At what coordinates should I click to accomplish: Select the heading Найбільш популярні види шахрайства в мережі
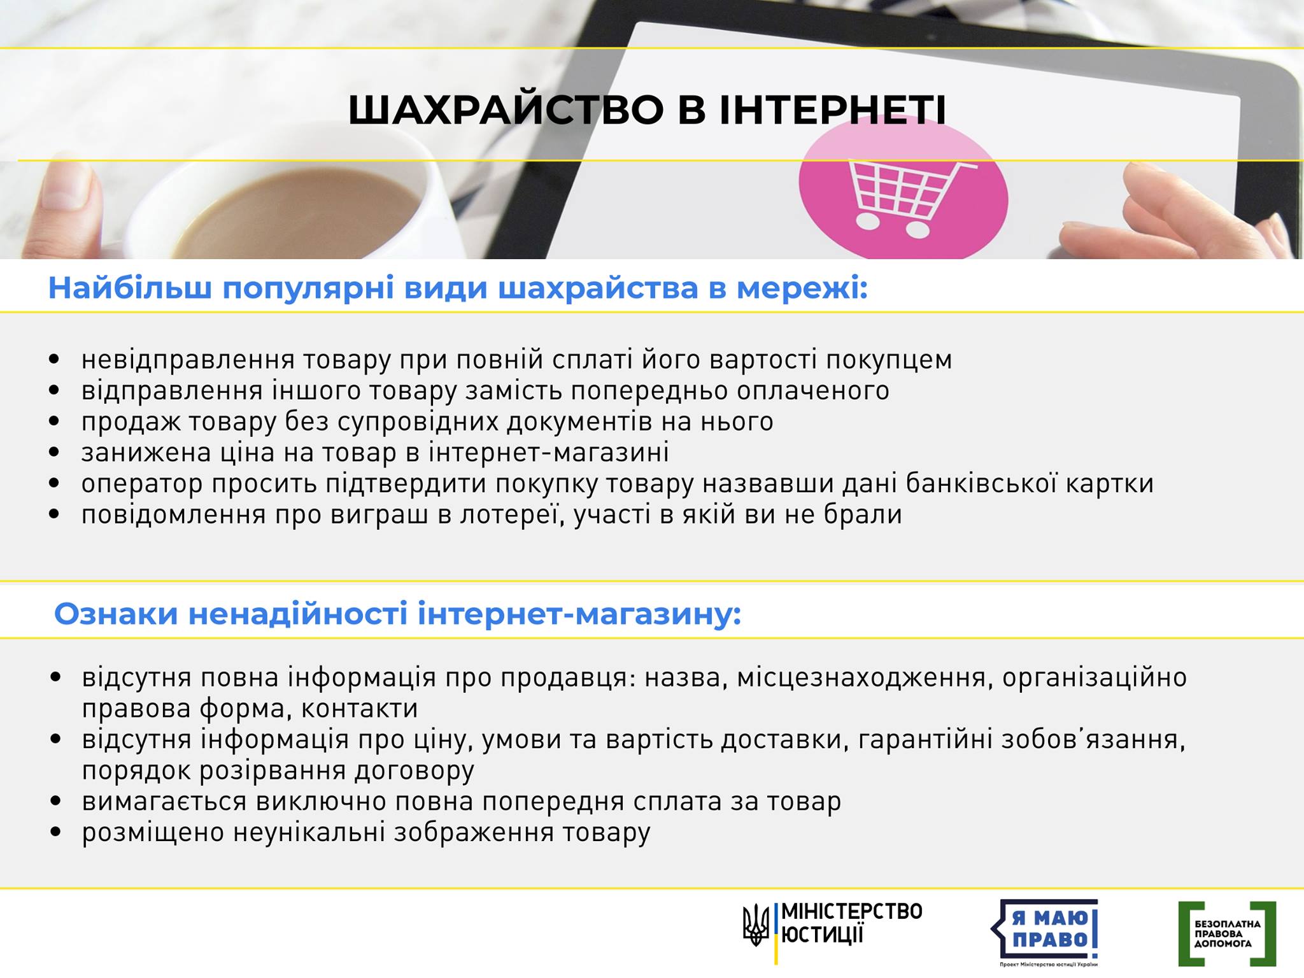[x=458, y=288]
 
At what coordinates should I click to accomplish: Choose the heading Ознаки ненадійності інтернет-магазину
[x=398, y=614]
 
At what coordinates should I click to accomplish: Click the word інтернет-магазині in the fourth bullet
[x=549, y=453]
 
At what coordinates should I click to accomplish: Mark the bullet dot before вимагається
[x=56, y=801]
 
